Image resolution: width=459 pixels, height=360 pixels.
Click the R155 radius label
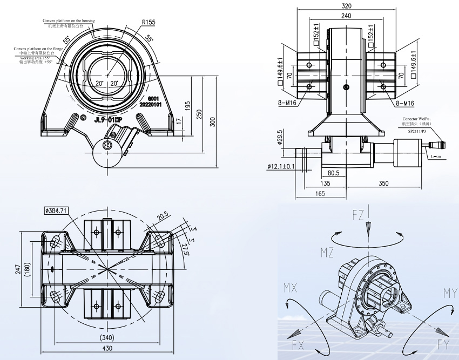[148, 22]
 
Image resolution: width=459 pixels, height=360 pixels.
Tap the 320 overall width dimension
[346, 6]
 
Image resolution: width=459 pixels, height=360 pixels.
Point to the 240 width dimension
[346, 16]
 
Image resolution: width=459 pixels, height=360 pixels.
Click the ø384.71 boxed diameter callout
[56, 210]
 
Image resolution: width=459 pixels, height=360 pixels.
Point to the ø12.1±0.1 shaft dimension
[281, 167]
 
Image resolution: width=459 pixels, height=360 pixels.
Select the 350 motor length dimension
[384, 184]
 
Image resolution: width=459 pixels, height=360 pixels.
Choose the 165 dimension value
[320, 193]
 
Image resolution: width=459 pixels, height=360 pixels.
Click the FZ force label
[359, 217]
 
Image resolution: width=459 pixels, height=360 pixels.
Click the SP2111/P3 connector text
[417, 131]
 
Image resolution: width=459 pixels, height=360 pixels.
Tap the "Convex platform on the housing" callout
[69, 21]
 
